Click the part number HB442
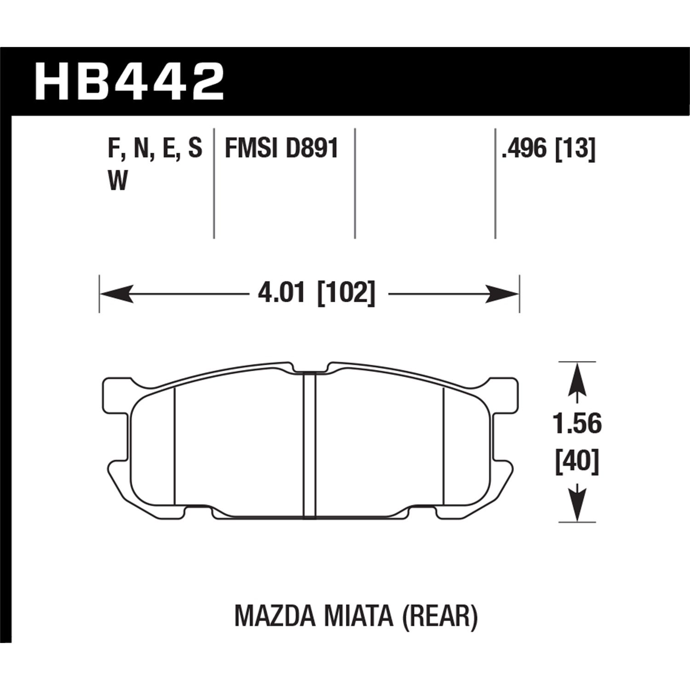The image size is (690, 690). point(129,82)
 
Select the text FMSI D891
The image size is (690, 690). point(282,149)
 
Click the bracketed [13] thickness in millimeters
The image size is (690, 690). point(575,149)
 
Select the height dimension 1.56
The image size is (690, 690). point(577,424)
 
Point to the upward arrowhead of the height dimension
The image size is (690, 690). point(577,380)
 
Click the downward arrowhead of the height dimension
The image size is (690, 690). point(577,505)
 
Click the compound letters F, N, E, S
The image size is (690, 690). point(155,149)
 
